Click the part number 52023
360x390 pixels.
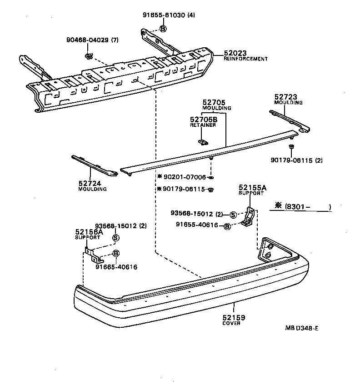click(x=235, y=53)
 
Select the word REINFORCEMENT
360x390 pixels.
click(x=245, y=59)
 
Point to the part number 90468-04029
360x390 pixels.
click(x=89, y=40)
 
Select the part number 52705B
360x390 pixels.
click(x=204, y=119)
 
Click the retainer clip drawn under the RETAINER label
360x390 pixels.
click(x=203, y=141)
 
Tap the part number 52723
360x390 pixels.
click(x=286, y=97)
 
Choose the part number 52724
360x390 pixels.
click(x=90, y=183)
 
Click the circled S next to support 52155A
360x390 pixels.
click(x=233, y=215)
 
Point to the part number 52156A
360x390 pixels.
click(x=89, y=231)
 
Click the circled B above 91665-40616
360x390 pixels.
click(x=115, y=253)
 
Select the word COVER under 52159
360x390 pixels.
click(x=232, y=323)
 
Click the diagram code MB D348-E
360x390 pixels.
click(x=301, y=328)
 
